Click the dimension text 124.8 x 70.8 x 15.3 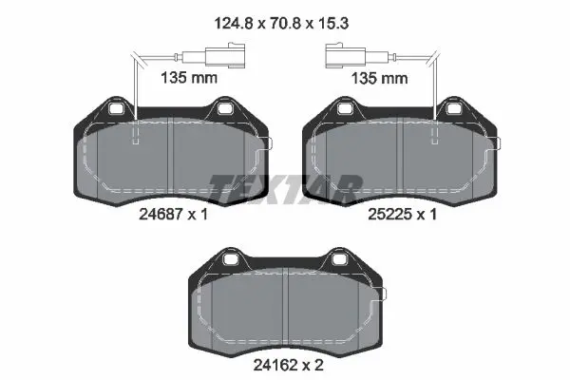coord(281,24)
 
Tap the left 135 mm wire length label coord(189,78)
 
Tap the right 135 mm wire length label coord(379,78)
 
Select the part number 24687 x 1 coord(174,214)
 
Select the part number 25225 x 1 coord(402,214)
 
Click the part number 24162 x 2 coord(288,365)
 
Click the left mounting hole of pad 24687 coord(116,108)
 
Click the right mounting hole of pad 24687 coord(224,108)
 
